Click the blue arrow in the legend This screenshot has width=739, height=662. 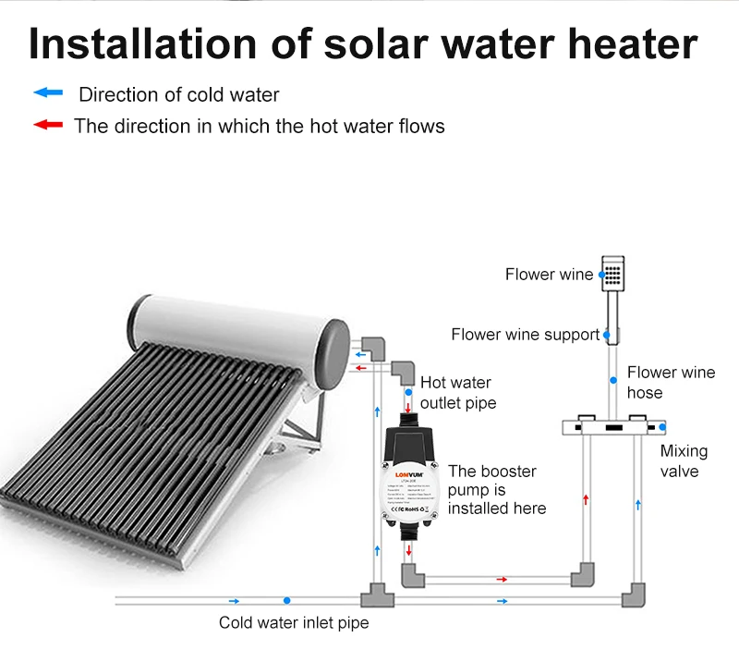click(47, 92)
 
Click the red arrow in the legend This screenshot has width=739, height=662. click(47, 125)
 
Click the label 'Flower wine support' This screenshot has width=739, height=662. click(525, 335)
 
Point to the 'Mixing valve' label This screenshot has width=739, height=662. click(684, 460)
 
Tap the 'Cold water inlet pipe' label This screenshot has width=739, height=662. click(293, 623)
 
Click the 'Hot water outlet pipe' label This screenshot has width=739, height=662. click(457, 393)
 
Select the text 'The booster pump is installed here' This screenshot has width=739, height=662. click(496, 490)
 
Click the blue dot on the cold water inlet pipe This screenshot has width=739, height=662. click(288, 601)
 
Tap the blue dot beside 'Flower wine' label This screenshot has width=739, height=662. click(602, 275)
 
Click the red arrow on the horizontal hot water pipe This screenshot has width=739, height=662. click(502, 580)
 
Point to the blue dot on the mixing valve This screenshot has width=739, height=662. click(663, 427)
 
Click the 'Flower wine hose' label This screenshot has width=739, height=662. click(671, 383)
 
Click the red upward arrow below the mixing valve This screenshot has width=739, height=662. click(587, 499)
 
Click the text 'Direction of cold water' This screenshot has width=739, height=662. click(178, 94)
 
